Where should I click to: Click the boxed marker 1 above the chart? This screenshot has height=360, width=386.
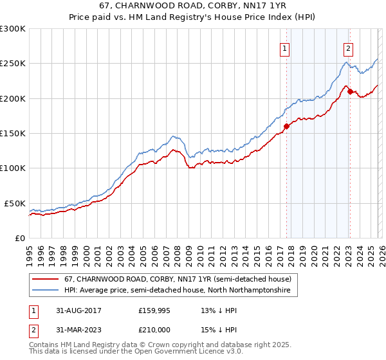284,47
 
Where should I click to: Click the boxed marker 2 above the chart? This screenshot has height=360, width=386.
348,47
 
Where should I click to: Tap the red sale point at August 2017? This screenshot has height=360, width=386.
286,126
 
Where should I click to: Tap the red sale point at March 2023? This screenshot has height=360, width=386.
350,91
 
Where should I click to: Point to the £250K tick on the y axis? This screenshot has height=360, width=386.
14,64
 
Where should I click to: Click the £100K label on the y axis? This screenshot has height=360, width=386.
14,168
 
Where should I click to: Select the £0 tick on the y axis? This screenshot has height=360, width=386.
20,238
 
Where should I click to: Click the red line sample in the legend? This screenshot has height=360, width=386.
46,279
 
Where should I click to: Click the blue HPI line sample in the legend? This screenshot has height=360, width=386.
46,291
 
